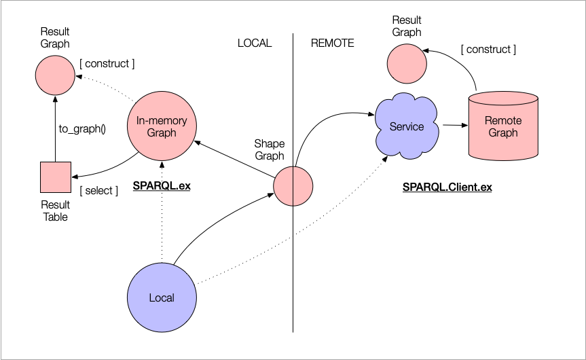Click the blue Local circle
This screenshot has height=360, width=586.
click(x=162, y=298)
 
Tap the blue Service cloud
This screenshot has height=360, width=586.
click(x=407, y=126)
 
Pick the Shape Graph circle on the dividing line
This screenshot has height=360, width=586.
click(x=293, y=185)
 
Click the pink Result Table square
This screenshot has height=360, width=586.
click(x=56, y=178)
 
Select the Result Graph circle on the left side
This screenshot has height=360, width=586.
click(x=54, y=74)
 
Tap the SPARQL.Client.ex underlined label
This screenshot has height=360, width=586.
click(x=447, y=187)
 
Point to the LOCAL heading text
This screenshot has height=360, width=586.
click(x=254, y=43)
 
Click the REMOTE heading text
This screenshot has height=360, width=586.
click(x=333, y=43)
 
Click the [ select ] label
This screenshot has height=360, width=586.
click(x=98, y=190)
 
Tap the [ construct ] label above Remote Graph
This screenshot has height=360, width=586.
click(x=488, y=49)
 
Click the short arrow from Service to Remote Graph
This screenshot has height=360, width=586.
click(x=453, y=126)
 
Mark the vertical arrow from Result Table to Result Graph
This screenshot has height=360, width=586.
click(x=54, y=129)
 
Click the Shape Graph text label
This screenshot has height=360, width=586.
click(x=269, y=149)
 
